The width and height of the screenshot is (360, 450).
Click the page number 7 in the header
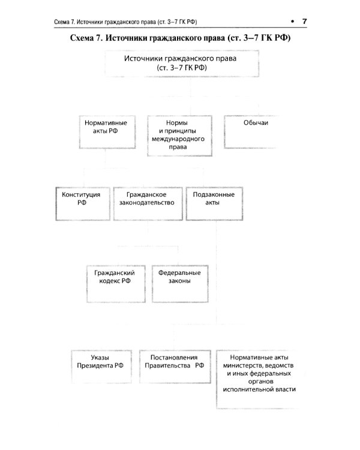pos(305,22)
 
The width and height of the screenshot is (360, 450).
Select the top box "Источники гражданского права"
pos(180,64)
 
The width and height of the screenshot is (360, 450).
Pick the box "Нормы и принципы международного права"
pos(181,134)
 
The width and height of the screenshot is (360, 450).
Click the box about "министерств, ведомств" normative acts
pos(258,373)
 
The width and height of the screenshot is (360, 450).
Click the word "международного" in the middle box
pos(181,138)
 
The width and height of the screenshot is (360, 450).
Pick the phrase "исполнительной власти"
pos(258,389)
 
